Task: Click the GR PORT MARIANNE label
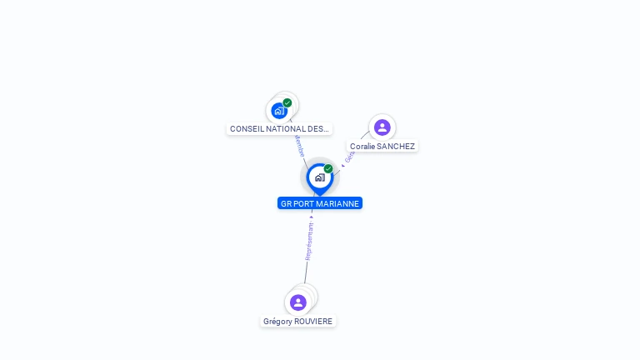(x=319, y=203)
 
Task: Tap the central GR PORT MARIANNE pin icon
(x=319, y=177)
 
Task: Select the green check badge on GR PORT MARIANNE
(x=328, y=169)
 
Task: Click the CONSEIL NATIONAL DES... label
(x=279, y=129)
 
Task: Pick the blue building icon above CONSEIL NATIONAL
(x=279, y=111)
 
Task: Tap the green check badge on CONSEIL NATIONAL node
(x=287, y=102)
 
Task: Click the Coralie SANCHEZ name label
(x=382, y=147)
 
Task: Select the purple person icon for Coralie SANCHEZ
(x=382, y=127)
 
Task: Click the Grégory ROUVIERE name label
(x=298, y=322)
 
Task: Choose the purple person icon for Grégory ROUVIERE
(x=298, y=302)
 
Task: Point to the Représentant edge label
(x=309, y=242)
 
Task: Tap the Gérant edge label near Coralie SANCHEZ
(x=350, y=156)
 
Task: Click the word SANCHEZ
(x=396, y=147)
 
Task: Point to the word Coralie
(x=362, y=147)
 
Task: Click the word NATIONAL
(x=286, y=129)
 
